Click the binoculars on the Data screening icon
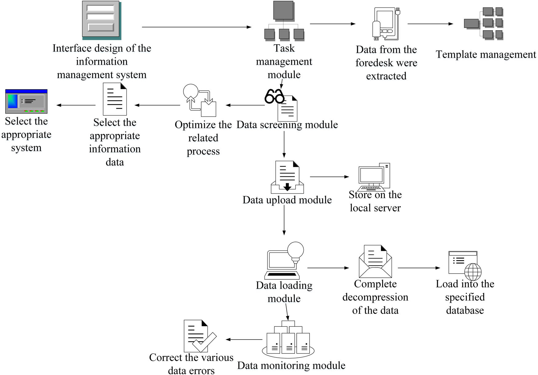[274, 97]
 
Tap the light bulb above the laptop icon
[295, 250]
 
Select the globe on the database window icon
[473, 271]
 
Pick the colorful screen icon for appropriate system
[26, 101]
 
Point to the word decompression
[375, 297]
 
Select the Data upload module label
[287, 200]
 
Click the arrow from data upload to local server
[329, 177]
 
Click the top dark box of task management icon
[283, 10]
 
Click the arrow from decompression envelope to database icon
[419, 268]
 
